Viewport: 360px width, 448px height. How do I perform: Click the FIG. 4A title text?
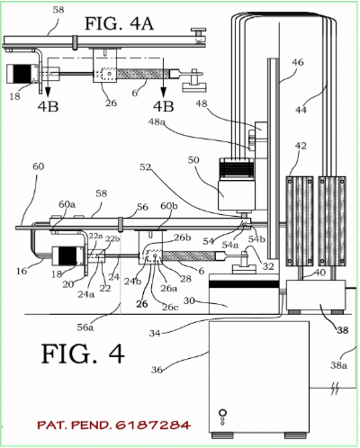120,23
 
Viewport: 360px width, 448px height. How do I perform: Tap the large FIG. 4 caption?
83,354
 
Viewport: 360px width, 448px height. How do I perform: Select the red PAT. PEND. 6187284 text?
114,425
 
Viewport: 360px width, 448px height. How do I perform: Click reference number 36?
157,370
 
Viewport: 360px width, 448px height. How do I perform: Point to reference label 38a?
339,365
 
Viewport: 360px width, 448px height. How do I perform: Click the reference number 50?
193,160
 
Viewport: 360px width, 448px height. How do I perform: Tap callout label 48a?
157,122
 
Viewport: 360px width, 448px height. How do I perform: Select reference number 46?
298,62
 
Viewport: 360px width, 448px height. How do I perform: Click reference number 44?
301,110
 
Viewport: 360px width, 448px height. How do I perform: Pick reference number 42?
301,146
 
